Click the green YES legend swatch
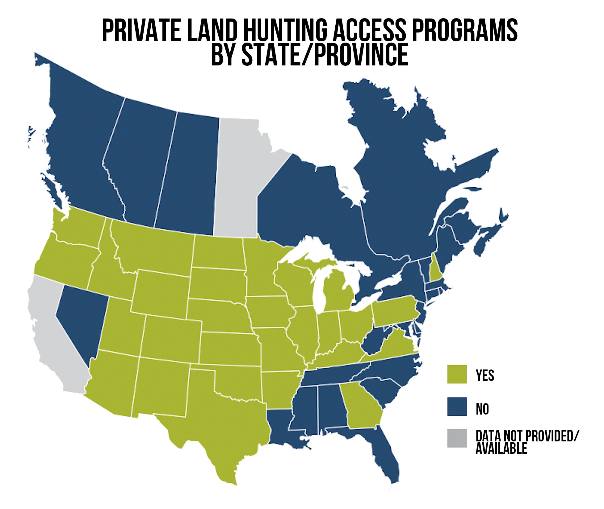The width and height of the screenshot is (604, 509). click(457, 374)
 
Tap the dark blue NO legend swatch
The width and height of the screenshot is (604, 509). click(457, 407)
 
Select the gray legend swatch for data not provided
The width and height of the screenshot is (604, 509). click(457, 438)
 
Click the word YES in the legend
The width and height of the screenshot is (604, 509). click(485, 375)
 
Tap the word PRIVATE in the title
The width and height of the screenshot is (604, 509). click(141, 30)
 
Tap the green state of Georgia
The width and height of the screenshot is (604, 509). click(361, 404)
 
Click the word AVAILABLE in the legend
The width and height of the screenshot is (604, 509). click(501, 449)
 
